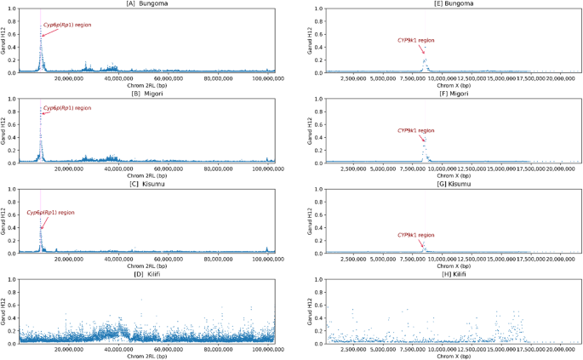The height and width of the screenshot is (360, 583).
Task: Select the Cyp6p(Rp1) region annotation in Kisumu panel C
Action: (50, 212)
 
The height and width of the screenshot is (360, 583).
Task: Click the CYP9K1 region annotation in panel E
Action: (416, 40)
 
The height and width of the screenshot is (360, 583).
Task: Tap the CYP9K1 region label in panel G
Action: (416, 234)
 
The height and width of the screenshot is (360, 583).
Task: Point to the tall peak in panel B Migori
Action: (40, 111)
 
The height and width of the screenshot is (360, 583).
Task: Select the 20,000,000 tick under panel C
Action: (68, 260)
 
